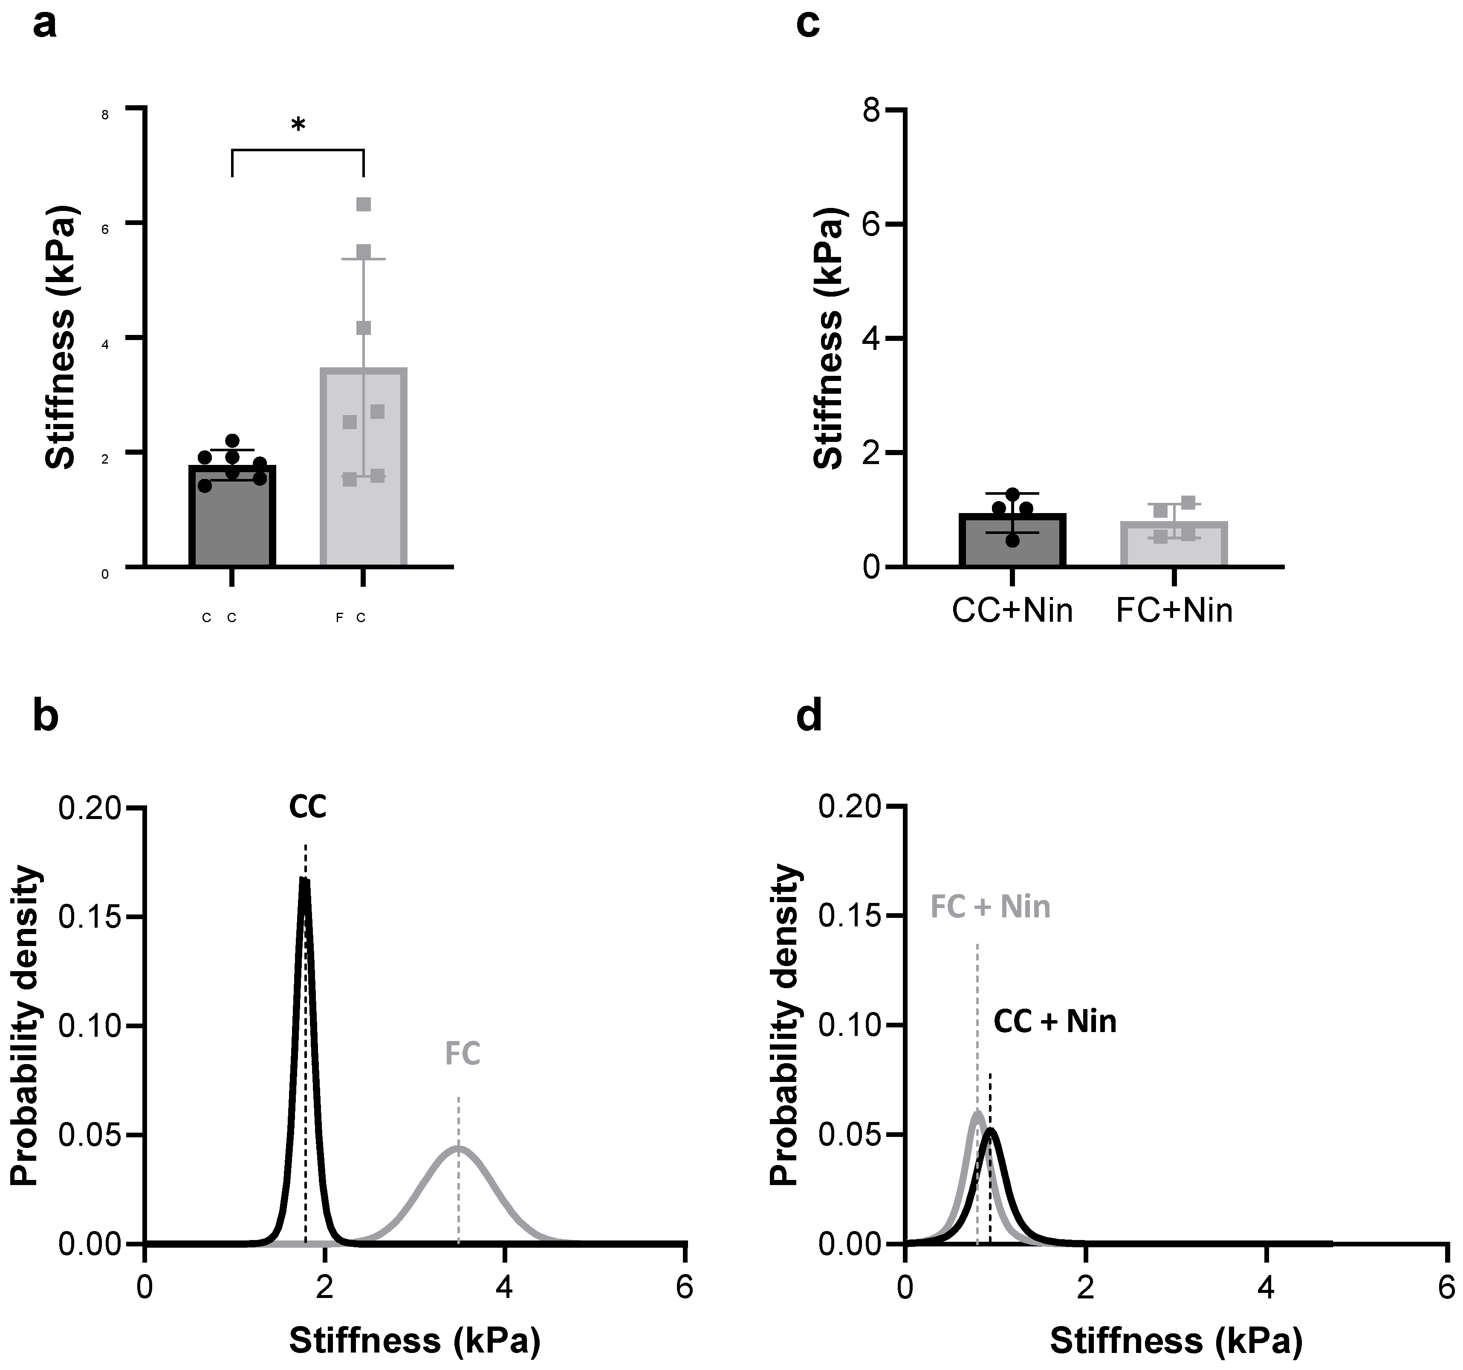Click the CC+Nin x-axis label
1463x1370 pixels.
(1012, 611)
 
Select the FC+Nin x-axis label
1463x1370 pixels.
(1174, 611)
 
